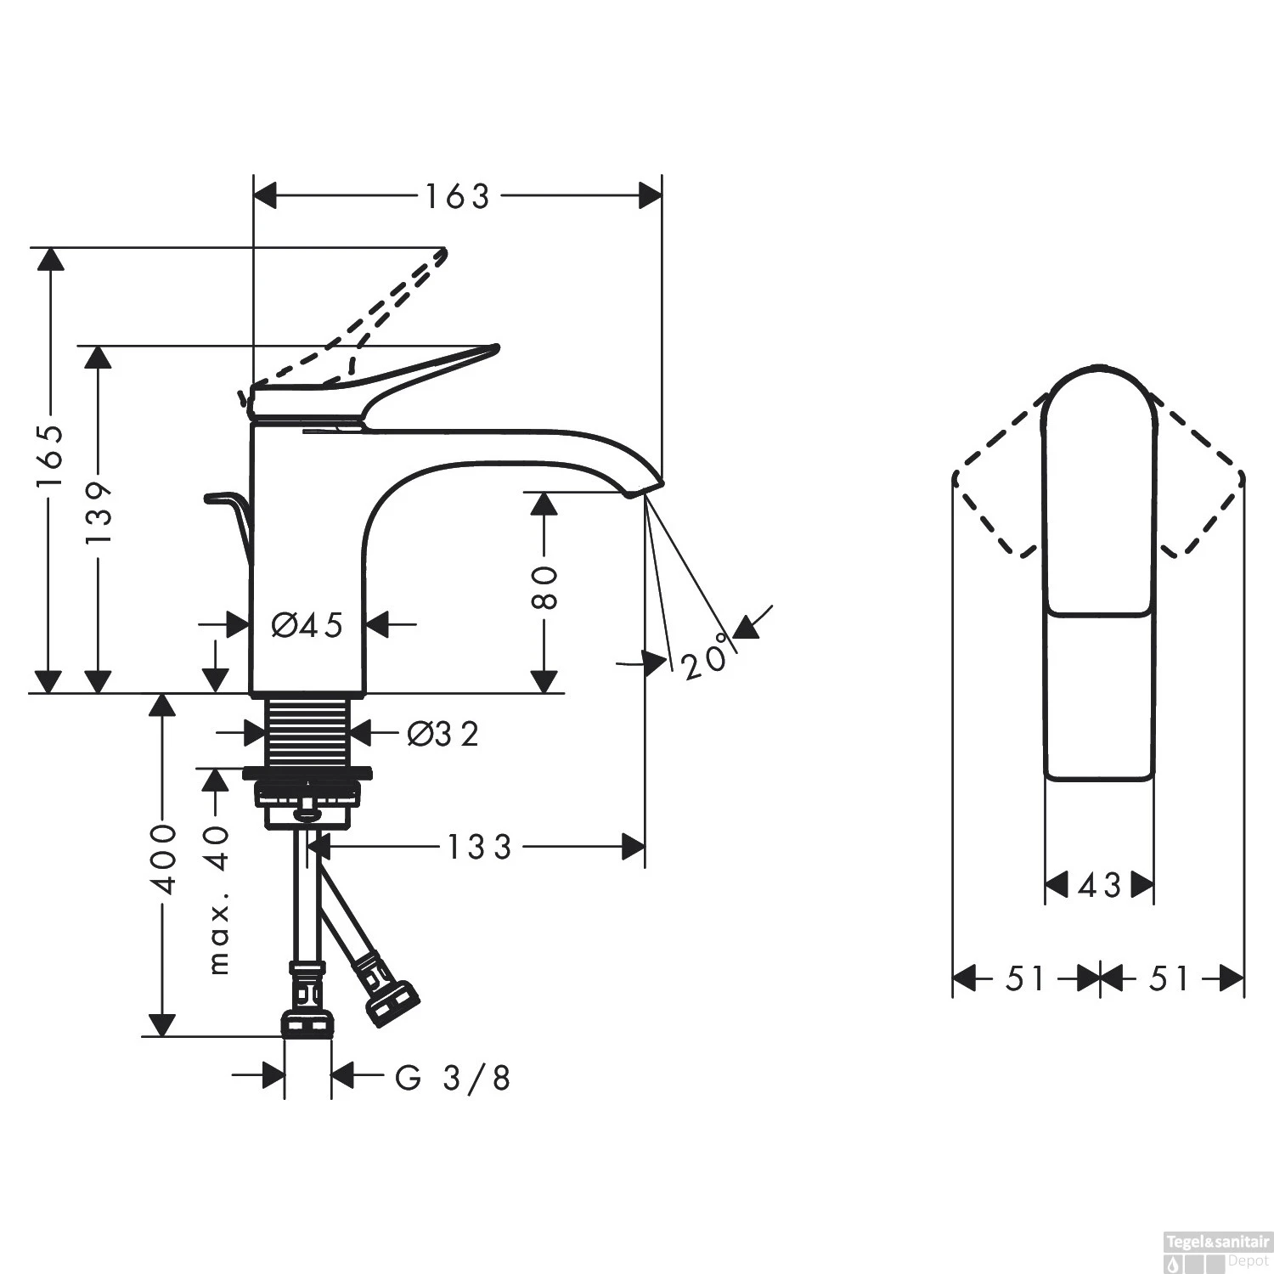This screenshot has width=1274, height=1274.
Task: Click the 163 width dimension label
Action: [458, 197]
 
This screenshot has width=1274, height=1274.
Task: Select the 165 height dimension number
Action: [50, 456]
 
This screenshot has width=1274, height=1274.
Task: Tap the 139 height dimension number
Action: [99, 514]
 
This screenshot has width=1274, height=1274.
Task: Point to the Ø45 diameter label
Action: [307, 626]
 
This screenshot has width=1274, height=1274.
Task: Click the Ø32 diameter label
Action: [443, 734]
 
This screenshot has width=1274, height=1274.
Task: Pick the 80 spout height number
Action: [544, 588]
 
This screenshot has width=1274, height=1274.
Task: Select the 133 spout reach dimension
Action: [480, 847]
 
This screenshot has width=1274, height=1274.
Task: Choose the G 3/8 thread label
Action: [454, 1079]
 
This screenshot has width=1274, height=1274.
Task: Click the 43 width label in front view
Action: [1099, 886]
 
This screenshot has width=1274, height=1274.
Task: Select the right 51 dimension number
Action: [1169, 978]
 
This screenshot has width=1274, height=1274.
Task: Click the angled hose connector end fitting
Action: [392, 1002]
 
